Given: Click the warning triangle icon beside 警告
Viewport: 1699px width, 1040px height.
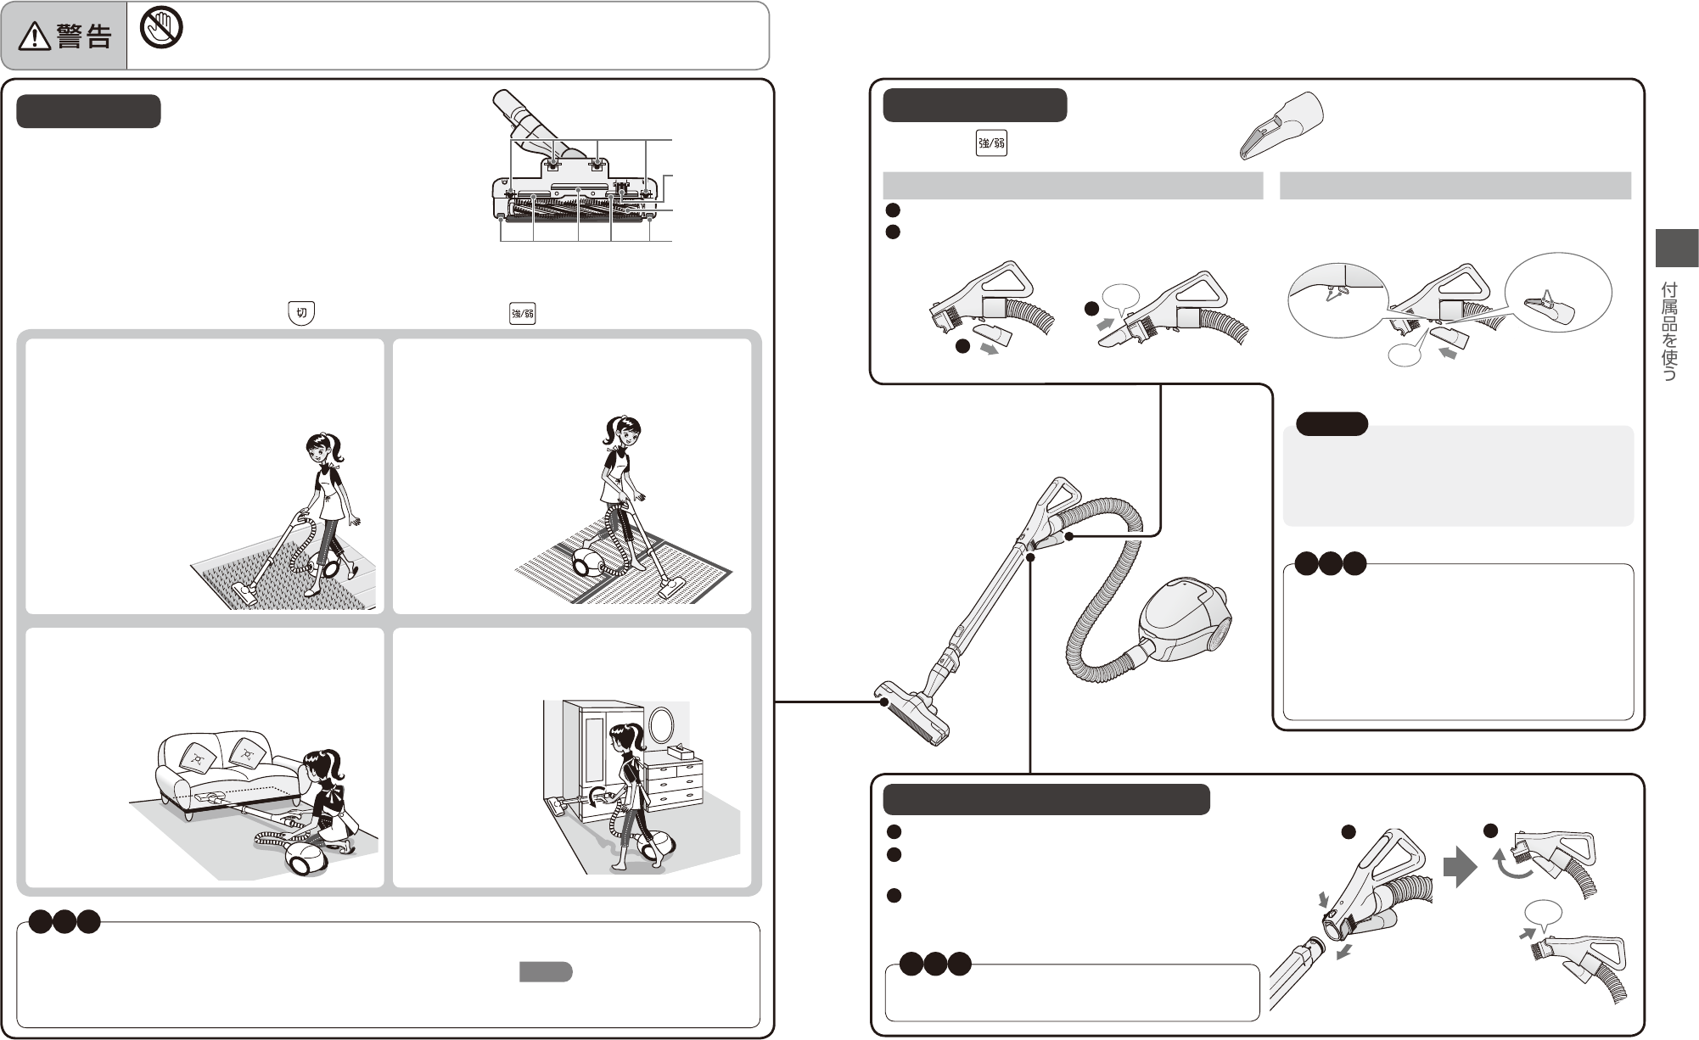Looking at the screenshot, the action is [37, 36].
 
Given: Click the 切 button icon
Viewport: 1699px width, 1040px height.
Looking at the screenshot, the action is [301, 312].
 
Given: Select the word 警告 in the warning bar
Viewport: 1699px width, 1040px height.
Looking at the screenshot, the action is [84, 36].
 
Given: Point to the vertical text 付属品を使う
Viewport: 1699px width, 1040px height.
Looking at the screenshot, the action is [1668, 331].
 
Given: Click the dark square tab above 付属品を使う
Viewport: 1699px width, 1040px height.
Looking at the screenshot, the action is [1676, 248].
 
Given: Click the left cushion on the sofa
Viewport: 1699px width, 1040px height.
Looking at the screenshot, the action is [198, 757].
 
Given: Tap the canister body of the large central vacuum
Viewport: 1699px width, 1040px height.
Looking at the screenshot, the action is [1183, 620].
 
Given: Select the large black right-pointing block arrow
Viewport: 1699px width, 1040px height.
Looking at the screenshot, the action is [1460, 866].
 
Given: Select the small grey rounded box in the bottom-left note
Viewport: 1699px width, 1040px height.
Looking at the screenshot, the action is [546, 972].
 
